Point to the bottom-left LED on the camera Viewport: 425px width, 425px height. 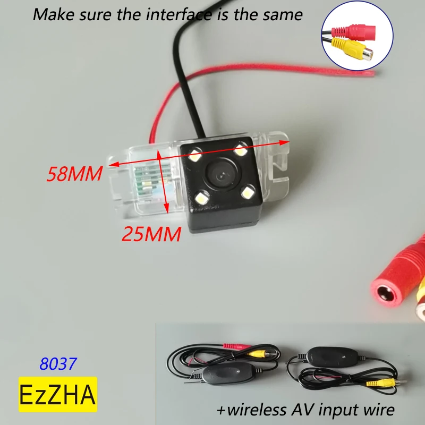[202, 198]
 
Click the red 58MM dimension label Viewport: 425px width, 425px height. [74, 174]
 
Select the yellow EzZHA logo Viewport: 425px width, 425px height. [58, 394]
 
